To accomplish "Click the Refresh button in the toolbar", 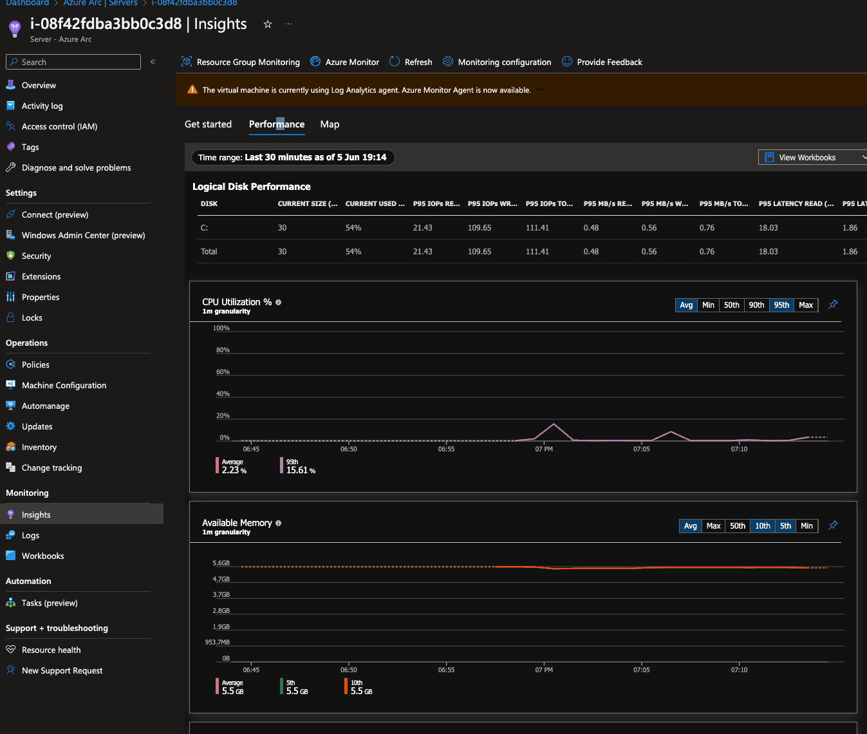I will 411,62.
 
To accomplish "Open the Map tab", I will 330,124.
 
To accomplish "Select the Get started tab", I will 208,124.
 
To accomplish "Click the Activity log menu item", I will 42,106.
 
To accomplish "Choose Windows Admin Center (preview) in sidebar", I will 83,235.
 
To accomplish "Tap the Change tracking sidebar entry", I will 51,467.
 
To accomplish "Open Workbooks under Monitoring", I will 42,556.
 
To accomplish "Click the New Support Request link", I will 62,670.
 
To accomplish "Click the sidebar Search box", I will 73,62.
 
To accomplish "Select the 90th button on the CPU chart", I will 756,305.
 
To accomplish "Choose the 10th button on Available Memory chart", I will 762,526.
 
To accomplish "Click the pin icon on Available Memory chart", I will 833,525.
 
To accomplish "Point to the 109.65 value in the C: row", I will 480,228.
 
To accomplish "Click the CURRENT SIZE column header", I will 308,203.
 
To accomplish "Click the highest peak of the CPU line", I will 554,424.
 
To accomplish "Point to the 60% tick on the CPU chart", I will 223,372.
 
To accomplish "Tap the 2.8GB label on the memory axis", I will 221,610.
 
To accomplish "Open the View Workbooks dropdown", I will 812,157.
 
